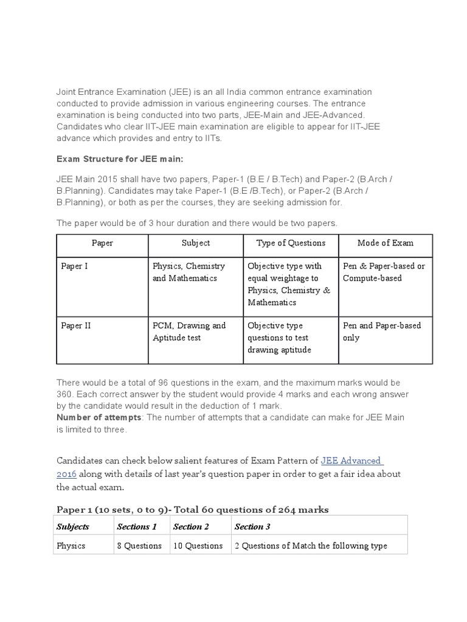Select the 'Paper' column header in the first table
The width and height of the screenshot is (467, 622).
pyautogui.click(x=102, y=243)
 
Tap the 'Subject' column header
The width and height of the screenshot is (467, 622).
pyautogui.click(x=195, y=243)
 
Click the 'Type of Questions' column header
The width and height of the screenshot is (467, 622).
pyautogui.click(x=291, y=243)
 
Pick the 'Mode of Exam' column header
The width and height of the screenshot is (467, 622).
pyautogui.click(x=386, y=243)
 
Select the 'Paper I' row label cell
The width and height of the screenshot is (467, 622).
pyautogui.click(x=74, y=266)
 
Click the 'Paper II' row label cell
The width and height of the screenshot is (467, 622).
pyautogui.click(x=76, y=326)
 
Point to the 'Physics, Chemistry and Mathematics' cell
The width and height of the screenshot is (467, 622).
pyautogui.click(x=189, y=272)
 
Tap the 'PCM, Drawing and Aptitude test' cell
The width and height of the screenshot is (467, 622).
pyautogui.click(x=189, y=332)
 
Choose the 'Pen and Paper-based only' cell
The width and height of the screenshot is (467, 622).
pyautogui.click(x=382, y=332)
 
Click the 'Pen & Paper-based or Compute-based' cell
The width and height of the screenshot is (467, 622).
pyautogui.click(x=384, y=272)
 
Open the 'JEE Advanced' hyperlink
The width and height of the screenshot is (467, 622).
pyautogui.click(x=351, y=461)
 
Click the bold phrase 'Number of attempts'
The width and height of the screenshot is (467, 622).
pyautogui.click(x=99, y=417)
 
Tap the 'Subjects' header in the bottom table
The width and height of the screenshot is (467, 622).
pyautogui.click(x=72, y=527)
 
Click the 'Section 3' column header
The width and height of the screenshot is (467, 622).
pyautogui.click(x=252, y=527)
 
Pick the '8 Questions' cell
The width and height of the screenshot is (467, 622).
pyautogui.click(x=139, y=545)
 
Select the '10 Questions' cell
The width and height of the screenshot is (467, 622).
pyautogui.click(x=198, y=545)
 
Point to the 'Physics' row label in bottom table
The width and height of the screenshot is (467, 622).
pyautogui.click(x=71, y=545)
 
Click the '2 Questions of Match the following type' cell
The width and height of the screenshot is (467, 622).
pyautogui.click(x=311, y=545)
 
